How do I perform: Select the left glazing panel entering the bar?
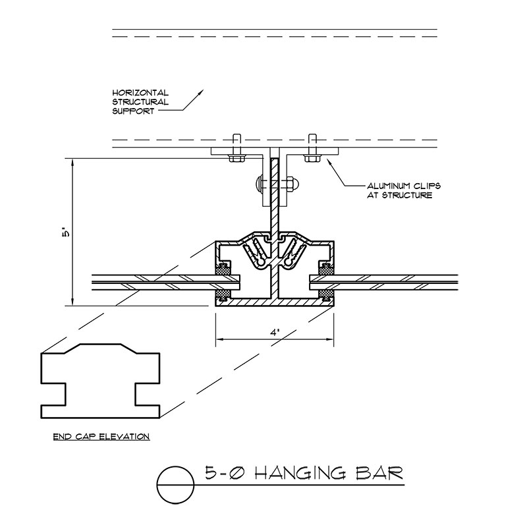pyautogui.click(x=152, y=280)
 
